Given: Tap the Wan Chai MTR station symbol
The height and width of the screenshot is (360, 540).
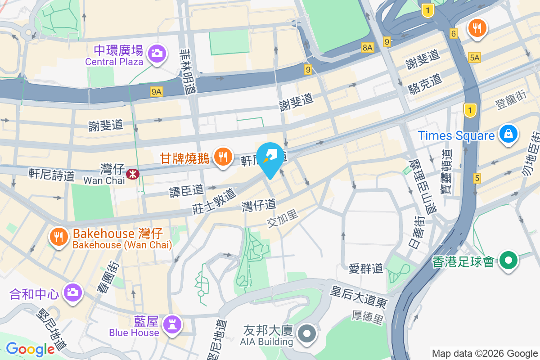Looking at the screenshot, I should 133,173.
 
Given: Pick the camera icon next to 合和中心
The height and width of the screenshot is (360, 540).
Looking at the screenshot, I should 72,293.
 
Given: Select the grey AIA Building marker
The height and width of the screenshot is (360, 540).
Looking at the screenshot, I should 307,334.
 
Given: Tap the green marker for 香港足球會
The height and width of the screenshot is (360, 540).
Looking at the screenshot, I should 508,260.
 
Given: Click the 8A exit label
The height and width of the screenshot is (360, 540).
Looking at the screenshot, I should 367,47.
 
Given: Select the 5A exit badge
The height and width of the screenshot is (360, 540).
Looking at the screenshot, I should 474,57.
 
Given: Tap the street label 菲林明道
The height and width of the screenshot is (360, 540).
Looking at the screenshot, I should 186,72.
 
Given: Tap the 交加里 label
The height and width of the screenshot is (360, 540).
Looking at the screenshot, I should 283,219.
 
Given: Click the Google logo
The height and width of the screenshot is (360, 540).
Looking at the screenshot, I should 30,349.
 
